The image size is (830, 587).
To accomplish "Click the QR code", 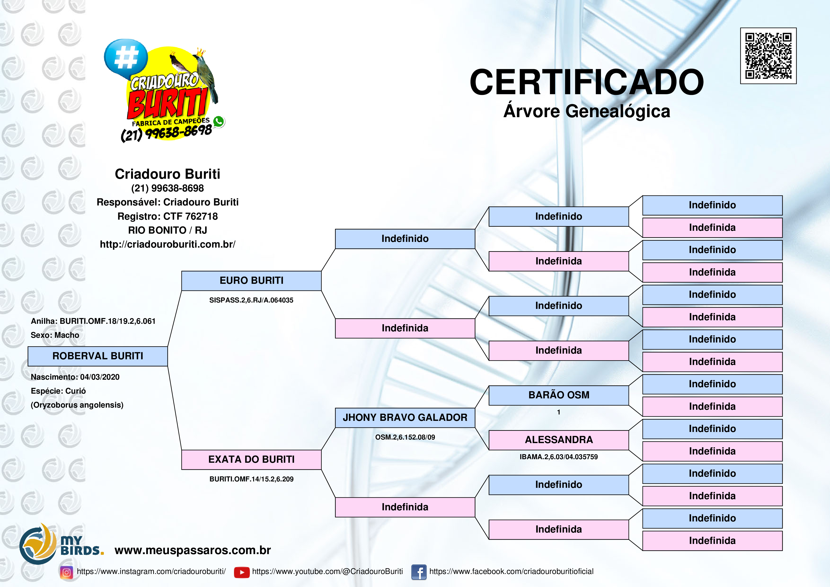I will click(768, 56).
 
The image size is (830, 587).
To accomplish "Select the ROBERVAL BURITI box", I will click(98, 356).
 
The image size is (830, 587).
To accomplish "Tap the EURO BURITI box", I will click(251, 281).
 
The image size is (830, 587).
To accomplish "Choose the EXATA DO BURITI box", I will click(251, 460).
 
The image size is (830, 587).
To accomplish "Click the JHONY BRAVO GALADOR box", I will click(405, 418).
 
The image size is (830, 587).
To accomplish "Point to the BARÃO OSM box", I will click(559, 395).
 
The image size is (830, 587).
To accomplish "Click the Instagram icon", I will click(66, 572).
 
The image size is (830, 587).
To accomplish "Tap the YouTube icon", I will click(242, 572).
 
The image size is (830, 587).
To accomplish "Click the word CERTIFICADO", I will click(586, 82).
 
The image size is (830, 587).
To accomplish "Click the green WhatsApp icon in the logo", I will click(219, 121).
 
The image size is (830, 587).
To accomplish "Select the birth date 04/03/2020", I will click(100, 377).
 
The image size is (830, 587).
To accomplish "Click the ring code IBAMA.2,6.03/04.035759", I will click(559, 457).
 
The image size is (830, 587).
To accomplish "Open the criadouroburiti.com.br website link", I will click(167, 245).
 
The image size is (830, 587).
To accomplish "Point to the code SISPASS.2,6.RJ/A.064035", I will click(251, 300).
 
